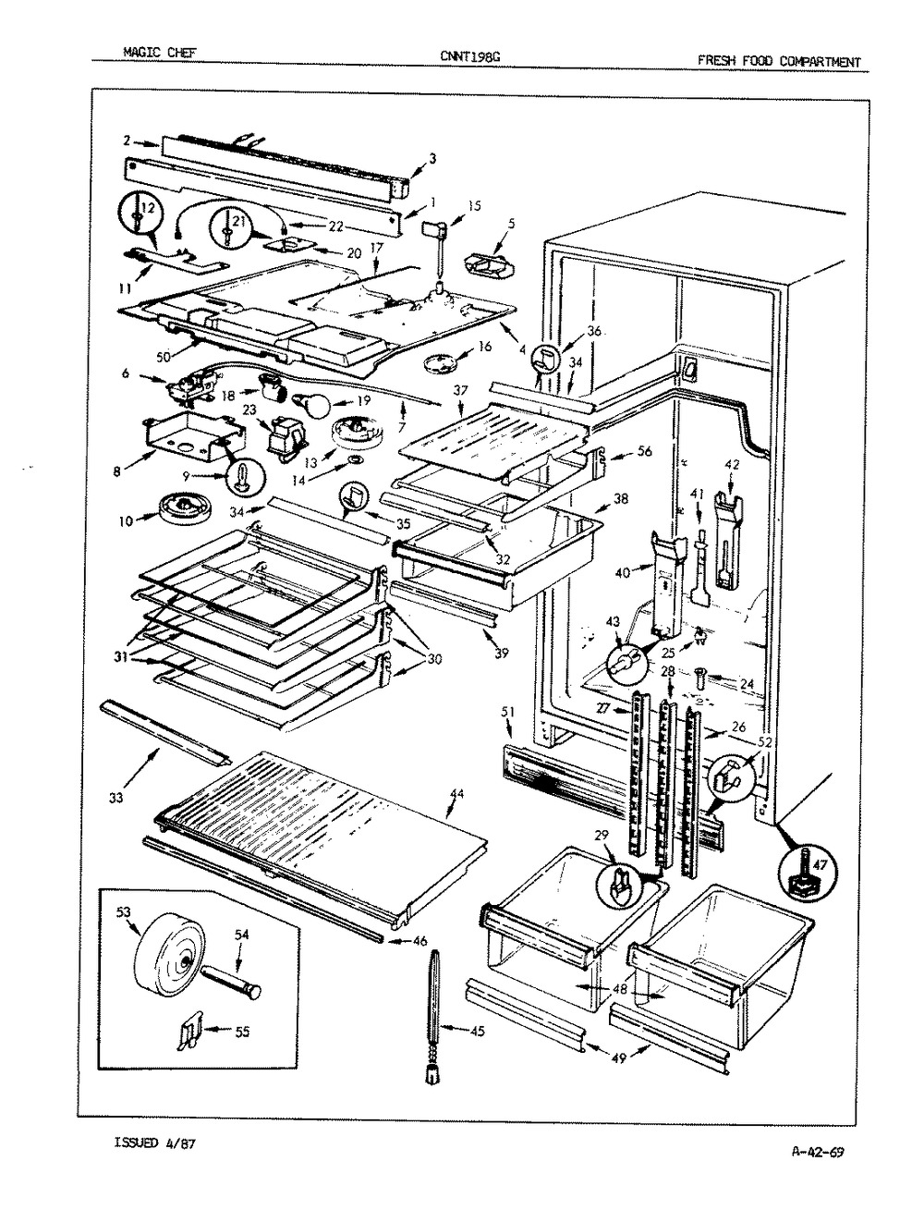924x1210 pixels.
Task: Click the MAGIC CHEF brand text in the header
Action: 152,54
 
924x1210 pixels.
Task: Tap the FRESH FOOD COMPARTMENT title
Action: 779,62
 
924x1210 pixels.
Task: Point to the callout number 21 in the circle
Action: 237,220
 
